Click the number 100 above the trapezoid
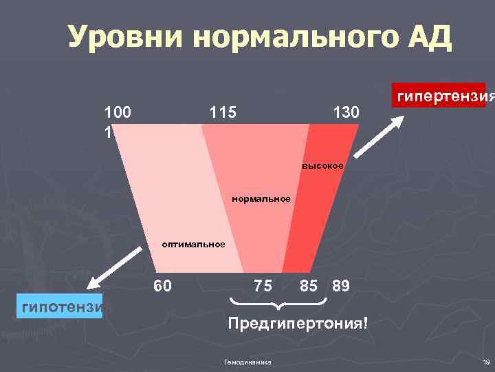coord(118,112)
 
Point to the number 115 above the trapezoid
coord(221,112)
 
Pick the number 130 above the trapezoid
coord(345,112)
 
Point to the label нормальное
coord(261,199)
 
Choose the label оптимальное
coord(193,244)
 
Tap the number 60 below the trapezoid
coord(164,285)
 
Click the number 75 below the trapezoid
coord(263,285)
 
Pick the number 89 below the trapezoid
coord(341,285)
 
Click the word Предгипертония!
coord(298,322)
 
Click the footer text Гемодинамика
coord(248,362)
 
